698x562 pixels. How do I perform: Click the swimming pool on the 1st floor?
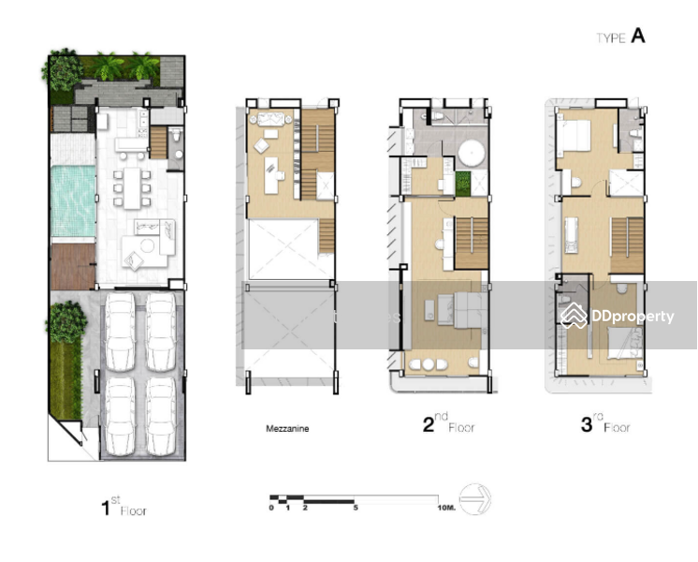[x=73, y=201]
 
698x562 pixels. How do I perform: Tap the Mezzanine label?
[x=287, y=429]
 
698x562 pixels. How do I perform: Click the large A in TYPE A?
[x=638, y=36]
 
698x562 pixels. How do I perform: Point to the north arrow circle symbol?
[x=475, y=498]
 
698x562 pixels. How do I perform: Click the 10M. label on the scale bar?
[x=446, y=508]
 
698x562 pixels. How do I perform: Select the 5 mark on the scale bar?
[x=356, y=508]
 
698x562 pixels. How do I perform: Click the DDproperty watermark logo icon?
[x=574, y=316]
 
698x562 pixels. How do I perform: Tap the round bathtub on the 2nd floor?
[x=472, y=154]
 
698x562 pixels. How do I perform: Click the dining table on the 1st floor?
[x=132, y=188]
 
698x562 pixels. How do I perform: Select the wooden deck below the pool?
[x=73, y=267]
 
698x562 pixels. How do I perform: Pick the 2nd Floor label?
[x=449, y=423]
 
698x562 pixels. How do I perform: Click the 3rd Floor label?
[x=605, y=423]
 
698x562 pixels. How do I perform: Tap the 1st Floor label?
[x=124, y=507]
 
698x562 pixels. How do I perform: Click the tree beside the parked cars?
[x=66, y=322]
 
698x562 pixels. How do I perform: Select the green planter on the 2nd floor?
[x=463, y=185]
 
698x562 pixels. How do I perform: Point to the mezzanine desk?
[x=271, y=175]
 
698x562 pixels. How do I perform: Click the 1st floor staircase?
[x=158, y=142]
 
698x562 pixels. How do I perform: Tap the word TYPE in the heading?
[x=611, y=38]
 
